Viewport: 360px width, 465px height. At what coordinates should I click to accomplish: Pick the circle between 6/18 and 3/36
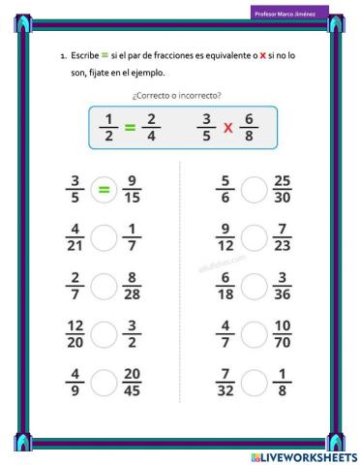click(254, 287)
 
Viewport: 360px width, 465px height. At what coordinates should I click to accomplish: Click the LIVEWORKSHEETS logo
click(303, 456)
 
